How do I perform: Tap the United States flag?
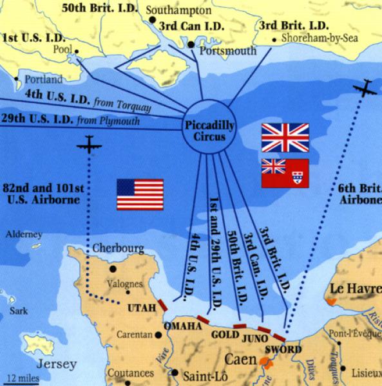pyautogui.click(x=140, y=194)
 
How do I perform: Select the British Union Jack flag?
pyautogui.click(x=285, y=138)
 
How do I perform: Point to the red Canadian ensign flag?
pyautogui.click(x=285, y=173)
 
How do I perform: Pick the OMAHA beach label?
pyautogui.click(x=185, y=327)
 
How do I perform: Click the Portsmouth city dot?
pyautogui.click(x=191, y=44)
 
